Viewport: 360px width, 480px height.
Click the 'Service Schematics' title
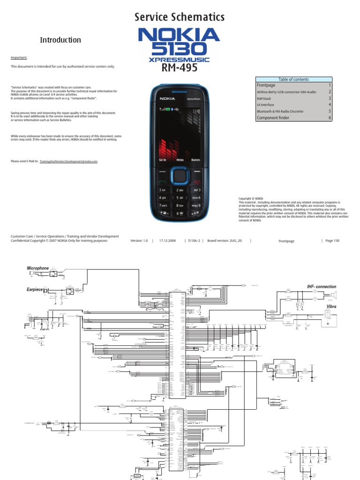(x=180, y=17)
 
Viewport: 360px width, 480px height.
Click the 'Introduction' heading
(x=60, y=40)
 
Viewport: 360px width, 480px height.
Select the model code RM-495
(x=179, y=68)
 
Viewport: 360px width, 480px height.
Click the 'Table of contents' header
(x=293, y=79)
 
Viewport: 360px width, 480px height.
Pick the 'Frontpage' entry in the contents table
(x=265, y=85)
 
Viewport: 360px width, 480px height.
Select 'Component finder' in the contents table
(x=273, y=118)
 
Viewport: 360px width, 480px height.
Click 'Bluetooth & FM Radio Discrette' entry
(x=280, y=112)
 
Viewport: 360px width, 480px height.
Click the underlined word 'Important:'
(x=19, y=58)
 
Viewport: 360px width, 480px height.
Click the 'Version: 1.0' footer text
(x=139, y=240)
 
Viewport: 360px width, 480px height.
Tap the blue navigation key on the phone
(x=179, y=177)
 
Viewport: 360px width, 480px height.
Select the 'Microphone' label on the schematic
(x=38, y=268)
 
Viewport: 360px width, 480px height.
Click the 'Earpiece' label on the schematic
(x=35, y=290)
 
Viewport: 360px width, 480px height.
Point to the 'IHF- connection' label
(x=322, y=286)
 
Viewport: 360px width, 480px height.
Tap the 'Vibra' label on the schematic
(x=331, y=307)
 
